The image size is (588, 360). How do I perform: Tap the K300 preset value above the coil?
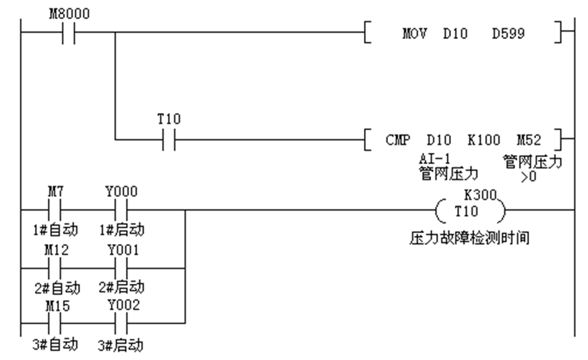tap(479, 195)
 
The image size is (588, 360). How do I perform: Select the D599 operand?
tap(509, 33)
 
